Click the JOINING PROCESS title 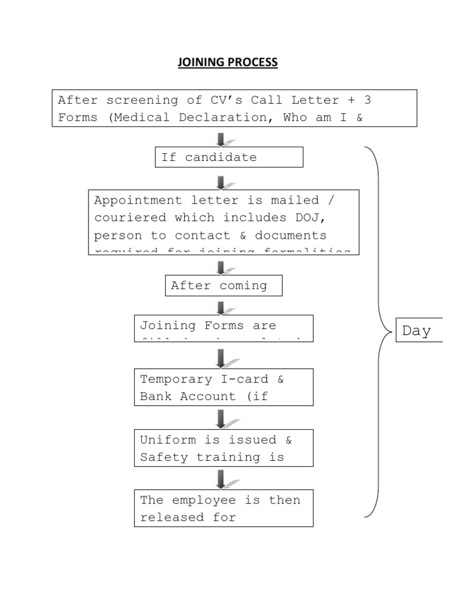point(227,62)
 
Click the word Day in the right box point(416,331)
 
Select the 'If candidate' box point(229,157)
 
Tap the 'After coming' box point(223,286)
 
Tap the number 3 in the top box point(366,100)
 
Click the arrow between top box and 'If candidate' point(221,139)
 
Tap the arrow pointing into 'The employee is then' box point(221,479)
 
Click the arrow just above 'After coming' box point(221,267)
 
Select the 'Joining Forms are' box point(223,328)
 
